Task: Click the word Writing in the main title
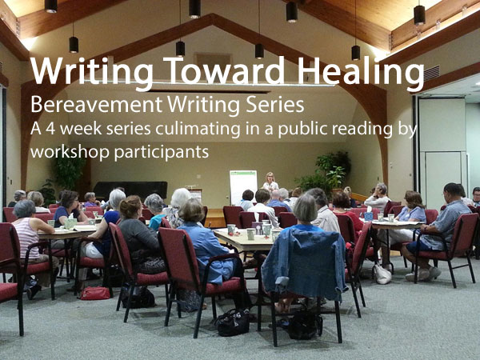point(91,72)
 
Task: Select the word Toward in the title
point(224,70)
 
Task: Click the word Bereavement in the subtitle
point(96,104)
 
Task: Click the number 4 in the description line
point(50,129)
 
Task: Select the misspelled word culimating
point(198,130)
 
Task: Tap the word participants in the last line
point(162,153)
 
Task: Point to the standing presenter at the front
point(270,182)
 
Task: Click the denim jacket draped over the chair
point(305,263)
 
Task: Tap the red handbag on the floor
point(95,293)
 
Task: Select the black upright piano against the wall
point(130,190)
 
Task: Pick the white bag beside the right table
point(382,274)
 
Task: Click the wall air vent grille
point(432,74)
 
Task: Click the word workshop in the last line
point(70,153)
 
